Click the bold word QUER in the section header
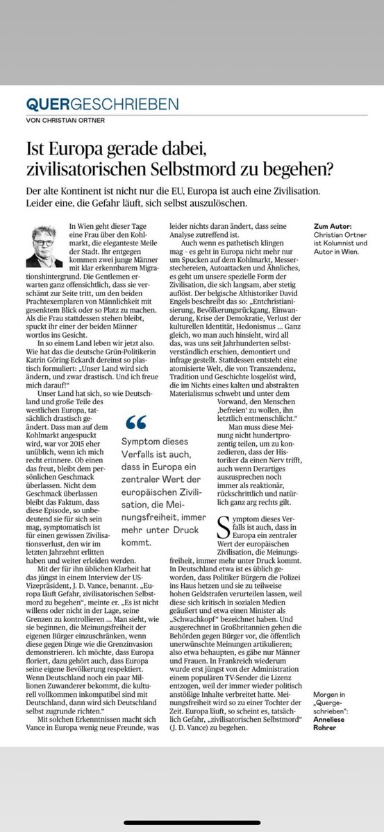pos(47,105)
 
